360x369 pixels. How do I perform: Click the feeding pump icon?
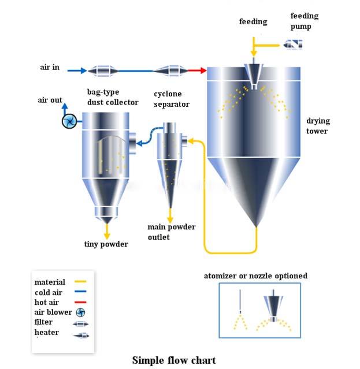(292, 44)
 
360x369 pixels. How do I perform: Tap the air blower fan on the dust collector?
(69, 121)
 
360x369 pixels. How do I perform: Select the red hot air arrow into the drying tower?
(197, 70)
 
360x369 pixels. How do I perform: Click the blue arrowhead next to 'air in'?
(84, 70)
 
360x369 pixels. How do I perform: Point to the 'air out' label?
(50, 100)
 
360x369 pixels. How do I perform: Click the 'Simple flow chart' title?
(174, 360)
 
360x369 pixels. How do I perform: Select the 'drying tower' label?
(318, 126)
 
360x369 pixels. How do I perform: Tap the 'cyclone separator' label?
(172, 99)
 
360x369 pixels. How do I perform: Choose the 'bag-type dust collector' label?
(113, 97)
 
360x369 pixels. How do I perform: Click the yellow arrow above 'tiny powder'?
(107, 232)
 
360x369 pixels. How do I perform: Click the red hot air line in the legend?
(80, 302)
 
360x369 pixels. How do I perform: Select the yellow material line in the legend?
(80, 281)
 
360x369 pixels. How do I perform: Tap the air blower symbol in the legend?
(80, 312)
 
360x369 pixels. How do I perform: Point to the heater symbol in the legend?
(81, 336)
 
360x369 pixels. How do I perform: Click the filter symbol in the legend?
(81, 324)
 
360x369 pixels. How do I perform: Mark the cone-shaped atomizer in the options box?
(273, 305)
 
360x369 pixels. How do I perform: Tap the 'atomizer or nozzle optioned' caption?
(255, 276)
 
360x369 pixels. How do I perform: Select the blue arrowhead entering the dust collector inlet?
(139, 143)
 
